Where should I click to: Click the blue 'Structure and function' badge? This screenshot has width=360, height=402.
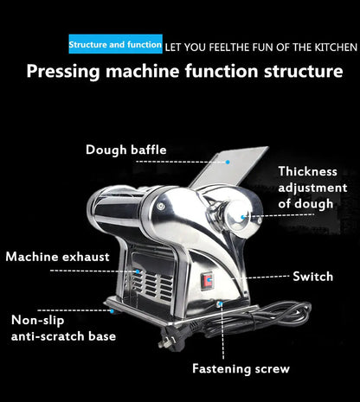(115, 44)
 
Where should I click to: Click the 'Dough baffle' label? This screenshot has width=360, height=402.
(126, 150)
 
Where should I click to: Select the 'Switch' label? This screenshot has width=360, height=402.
(313, 276)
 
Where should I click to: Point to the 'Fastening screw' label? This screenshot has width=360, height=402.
(241, 369)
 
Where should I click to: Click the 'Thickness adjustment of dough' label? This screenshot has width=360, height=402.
(312, 188)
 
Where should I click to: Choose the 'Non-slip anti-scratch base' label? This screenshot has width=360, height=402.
(62, 328)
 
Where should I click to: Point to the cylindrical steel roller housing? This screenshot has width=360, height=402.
(130, 212)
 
